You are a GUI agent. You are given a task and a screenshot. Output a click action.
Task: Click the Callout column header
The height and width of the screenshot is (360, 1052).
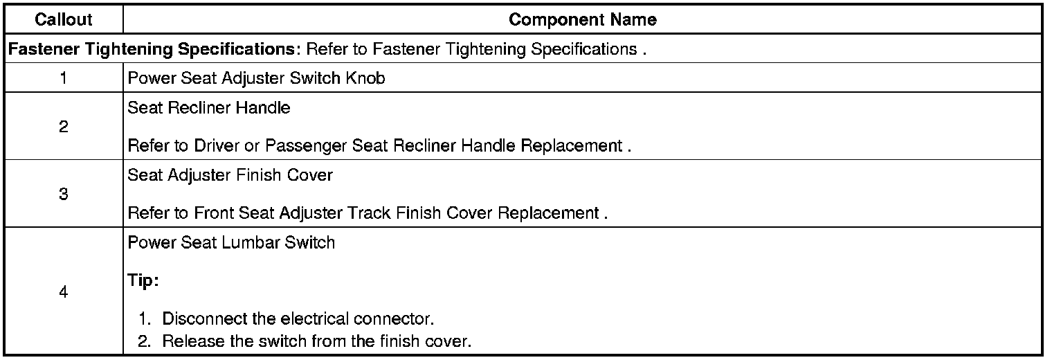pos(63,20)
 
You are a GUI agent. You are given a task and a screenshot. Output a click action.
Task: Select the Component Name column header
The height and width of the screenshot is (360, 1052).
pos(582,20)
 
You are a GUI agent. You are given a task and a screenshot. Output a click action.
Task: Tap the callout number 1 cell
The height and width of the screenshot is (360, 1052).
pos(63,78)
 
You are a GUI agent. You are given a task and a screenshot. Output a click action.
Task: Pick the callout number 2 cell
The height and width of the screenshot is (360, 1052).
pos(63,127)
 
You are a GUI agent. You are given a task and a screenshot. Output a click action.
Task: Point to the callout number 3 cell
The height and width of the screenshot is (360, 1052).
pos(63,195)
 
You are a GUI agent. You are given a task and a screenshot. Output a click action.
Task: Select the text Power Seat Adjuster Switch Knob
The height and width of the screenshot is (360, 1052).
pos(256,78)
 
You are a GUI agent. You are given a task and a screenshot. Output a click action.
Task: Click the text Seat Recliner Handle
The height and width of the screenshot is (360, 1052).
pos(209,108)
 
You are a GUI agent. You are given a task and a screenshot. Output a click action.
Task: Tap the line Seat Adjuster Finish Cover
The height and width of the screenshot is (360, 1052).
pos(230,175)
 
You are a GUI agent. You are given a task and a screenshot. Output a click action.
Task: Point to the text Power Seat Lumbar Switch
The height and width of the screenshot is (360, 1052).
pos(231,243)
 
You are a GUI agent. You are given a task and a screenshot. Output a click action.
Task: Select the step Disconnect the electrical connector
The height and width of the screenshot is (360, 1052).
pos(298,320)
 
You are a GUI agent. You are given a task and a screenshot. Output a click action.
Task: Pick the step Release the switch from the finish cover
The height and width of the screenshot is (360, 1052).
pos(317,341)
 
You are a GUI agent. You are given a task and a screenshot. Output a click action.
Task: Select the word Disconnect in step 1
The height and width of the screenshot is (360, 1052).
pos(197,320)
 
